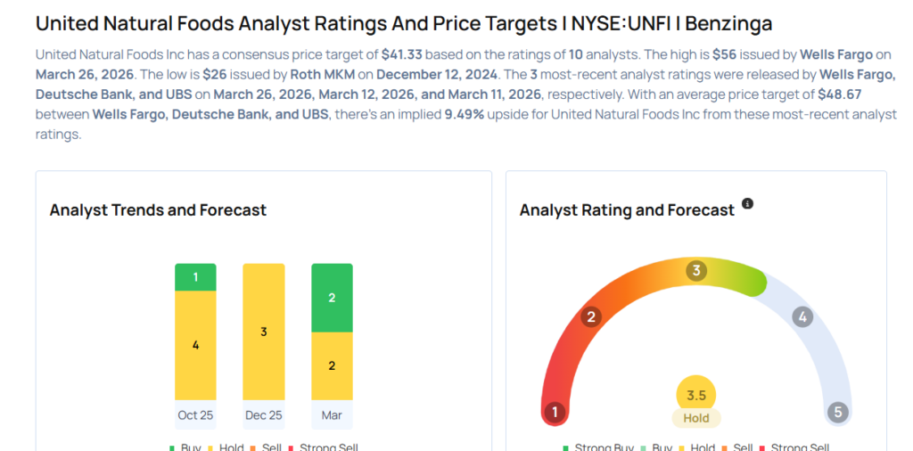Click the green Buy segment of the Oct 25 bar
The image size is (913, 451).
[195, 277]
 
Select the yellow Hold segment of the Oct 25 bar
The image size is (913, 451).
[195, 345]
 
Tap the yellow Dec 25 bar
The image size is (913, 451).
[264, 332]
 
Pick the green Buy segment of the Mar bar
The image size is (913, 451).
[332, 298]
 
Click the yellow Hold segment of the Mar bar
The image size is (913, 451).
[332, 365]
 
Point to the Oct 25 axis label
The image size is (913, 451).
[195, 415]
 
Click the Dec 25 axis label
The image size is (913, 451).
[264, 415]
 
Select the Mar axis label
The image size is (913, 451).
[332, 415]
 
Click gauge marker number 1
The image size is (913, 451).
[555, 412]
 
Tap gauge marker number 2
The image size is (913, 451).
[590, 316]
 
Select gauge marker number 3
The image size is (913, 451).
[695, 270]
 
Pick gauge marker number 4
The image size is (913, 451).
[802, 316]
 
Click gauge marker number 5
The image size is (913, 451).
[836, 412]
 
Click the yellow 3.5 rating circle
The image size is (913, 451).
[695, 395]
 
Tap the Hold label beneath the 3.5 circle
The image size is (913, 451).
[695, 418]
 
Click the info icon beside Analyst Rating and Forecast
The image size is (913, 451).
[747, 204]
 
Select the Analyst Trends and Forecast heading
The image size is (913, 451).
[158, 210]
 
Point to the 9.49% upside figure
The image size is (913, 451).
[465, 116]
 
